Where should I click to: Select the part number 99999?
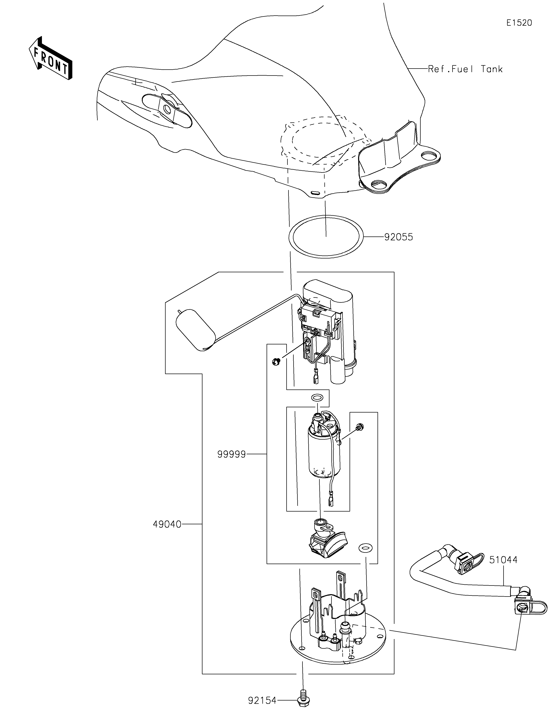232,454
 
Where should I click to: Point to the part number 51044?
503,560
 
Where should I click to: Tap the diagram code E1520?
519,23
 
